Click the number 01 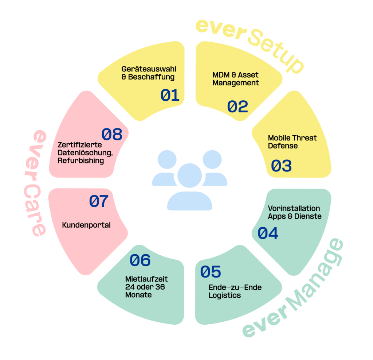[170, 95]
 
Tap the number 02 [237, 107]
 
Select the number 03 [281, 166]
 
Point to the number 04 [268, 233]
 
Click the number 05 [211, 271]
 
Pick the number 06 [140, 260]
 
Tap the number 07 [99, 201]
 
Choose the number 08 [111, 135]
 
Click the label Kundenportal [86, 225]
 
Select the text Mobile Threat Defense [292, 142]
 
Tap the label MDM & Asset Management [236, 79]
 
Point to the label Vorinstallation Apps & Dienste [294, 212]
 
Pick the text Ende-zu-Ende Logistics [235, 291]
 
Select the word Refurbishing [81, 160]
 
